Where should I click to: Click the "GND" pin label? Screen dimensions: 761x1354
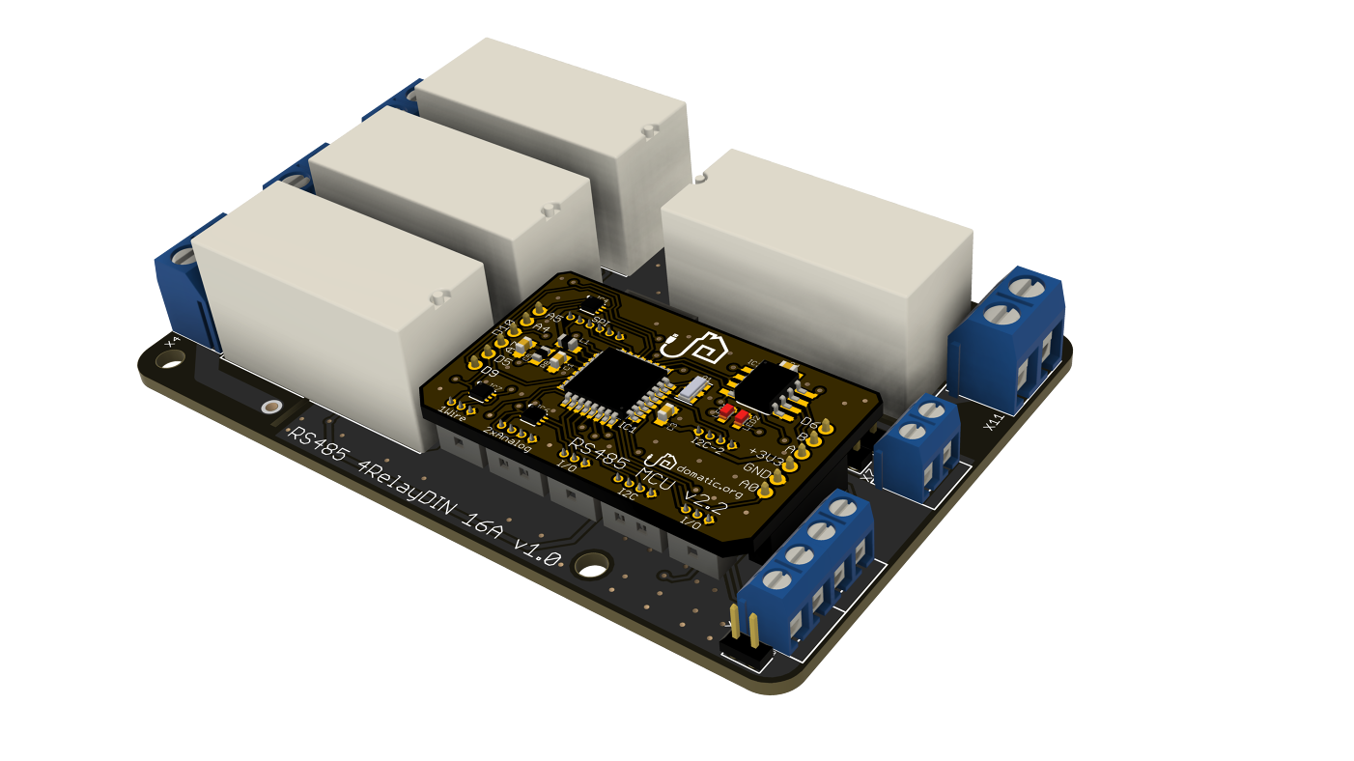tap(757, 470)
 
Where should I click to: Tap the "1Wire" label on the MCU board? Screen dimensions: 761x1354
tap(453, 413)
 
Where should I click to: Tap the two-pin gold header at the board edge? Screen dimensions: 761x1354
tap(744, 628)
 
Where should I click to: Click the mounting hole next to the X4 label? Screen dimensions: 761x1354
tap(170, 359)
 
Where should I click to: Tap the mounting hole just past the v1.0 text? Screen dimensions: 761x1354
tap(589, 564)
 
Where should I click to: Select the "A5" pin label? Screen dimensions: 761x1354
tap(554, 318)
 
